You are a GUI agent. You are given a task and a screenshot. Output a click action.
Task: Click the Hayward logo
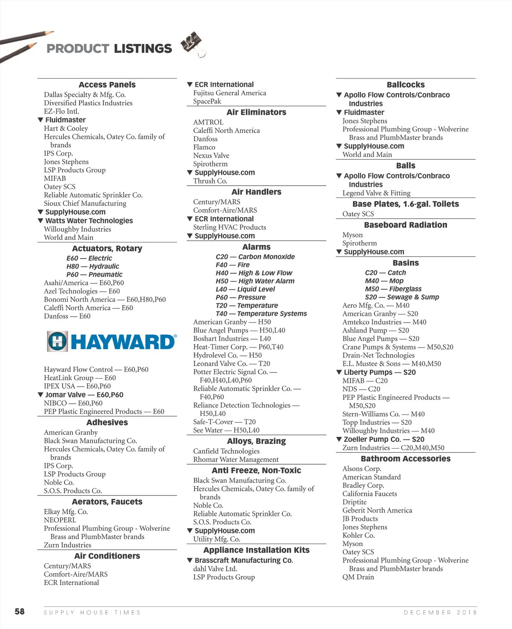click(112, 342)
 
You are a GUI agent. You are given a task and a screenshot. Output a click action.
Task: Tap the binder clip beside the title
click(193, 44)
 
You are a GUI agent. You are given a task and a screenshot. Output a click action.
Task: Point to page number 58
click(20, 612)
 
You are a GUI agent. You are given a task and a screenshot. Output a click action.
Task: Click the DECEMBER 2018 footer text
click(440, 612)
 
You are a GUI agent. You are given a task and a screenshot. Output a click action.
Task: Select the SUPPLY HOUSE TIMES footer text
click(92, 612)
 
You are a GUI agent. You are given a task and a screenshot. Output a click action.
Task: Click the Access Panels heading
click(107, 84)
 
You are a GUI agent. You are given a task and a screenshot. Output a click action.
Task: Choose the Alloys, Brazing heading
click(256, 441)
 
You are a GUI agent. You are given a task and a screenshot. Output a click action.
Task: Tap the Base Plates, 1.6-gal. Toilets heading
click(405, 204)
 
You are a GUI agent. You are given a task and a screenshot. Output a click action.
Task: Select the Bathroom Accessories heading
click(405, 459)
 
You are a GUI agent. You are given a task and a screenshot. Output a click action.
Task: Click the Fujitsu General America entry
click(230, 93)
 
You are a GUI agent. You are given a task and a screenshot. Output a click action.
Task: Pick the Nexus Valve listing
click(211, 155)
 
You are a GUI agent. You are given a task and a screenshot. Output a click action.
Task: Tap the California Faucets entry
click(369, 494)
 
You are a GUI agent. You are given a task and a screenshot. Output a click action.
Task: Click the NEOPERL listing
click(60, 520)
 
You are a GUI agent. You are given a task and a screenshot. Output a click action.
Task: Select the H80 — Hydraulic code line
click(93, 266)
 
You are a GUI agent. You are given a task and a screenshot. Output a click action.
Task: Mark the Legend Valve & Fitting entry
click(376, 193)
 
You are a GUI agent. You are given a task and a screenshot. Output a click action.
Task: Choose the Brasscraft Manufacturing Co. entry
click(243, 560)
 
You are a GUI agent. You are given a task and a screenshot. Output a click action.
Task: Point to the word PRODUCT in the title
click(78, 49)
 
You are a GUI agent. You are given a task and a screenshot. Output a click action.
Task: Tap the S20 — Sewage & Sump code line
click(402, 297)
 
